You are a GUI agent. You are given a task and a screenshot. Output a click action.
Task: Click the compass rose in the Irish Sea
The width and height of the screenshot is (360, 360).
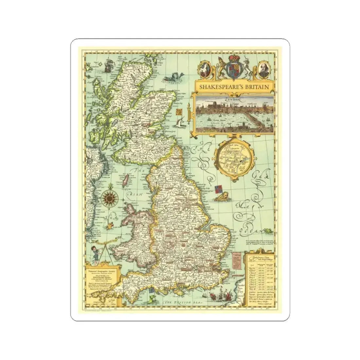pos(108,197)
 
